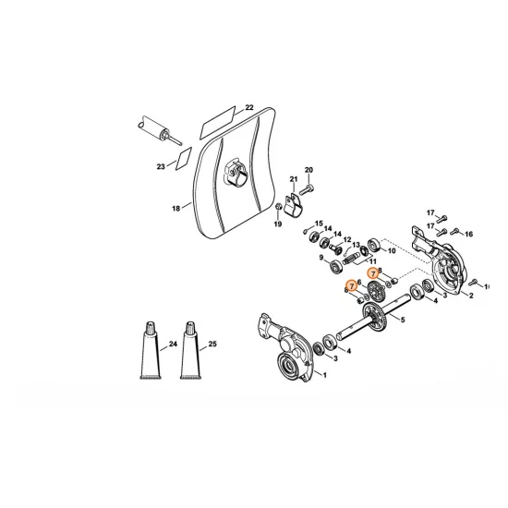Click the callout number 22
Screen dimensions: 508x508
(x=248, y=108)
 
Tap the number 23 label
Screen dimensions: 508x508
(x=161, y=167)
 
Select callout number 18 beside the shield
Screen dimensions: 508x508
(x=175, y=209)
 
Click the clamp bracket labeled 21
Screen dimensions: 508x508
(x=294, y=204)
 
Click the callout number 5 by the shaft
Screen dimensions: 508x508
(x=402, y=320)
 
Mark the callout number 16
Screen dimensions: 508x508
(x=468, y=234)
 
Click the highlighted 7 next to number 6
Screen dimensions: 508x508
(x=352, y=288)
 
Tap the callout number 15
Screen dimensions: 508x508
(x=320, y=224)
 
